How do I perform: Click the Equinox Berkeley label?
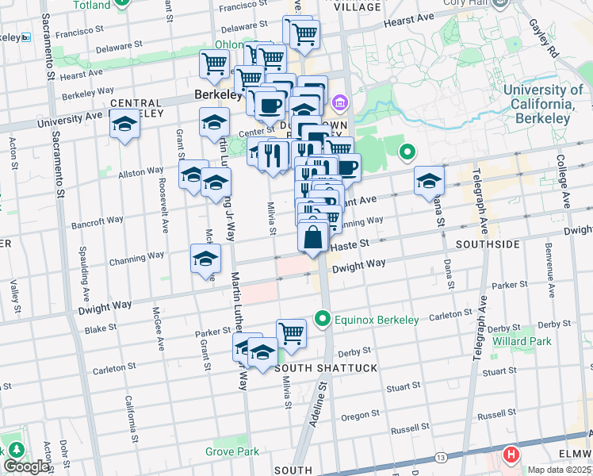tap(377, 320)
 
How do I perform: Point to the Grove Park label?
tap(232, 451)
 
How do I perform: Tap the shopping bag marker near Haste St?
tap(313, 237)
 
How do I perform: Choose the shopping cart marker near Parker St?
tap(291, 333)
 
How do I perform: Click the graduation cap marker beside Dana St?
tap(429, 182)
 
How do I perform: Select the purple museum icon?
tap(340, 102)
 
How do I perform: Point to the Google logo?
tap(27, 466)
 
